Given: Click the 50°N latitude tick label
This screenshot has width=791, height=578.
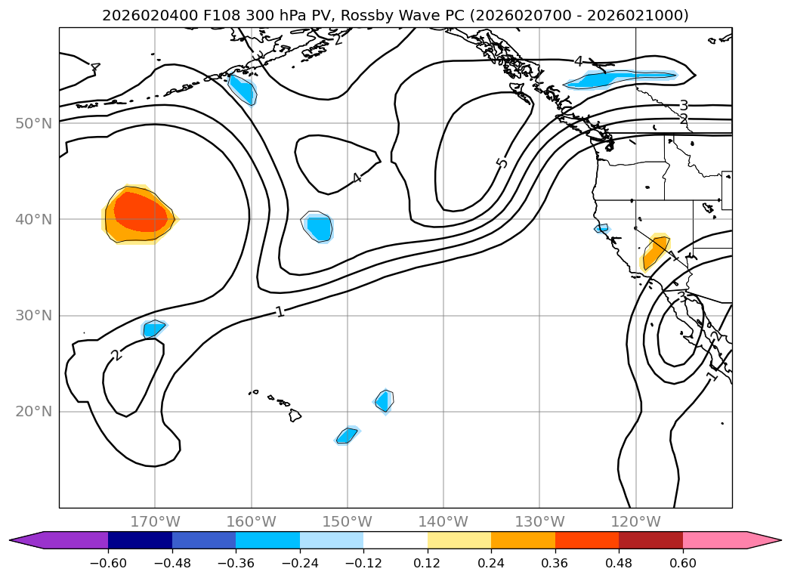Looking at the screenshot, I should pos(33,123).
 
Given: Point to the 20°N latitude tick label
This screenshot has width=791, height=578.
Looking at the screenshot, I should pos(33,412).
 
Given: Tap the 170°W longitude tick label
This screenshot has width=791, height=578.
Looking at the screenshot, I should pos(155,521).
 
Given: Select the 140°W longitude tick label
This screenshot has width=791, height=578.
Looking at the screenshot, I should pos(443,521).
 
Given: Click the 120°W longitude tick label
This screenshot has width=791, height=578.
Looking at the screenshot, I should pos(635,521).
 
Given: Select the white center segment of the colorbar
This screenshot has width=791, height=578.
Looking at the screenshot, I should pos(395,539).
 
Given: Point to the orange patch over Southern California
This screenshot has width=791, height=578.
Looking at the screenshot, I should pos(654,252).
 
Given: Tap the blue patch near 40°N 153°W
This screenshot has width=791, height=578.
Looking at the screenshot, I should pos(319,227).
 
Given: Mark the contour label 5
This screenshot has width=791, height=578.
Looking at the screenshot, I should pos(502,162).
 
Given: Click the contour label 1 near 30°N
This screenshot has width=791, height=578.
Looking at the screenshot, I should pos(280,311).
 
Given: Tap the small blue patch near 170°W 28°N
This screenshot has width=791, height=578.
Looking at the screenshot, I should pos(153,329).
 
